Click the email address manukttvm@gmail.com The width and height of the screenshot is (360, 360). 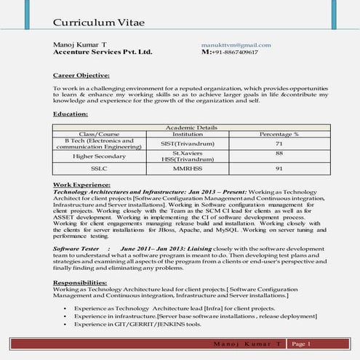(235, 45)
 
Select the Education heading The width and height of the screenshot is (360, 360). (71, 113)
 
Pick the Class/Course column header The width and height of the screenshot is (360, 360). (98, 134)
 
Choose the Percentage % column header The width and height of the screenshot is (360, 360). (279, 134)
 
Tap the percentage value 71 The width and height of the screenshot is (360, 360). (279, 144)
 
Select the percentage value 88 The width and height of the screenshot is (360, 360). (279, 153)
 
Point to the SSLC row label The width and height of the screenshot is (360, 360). (99, 168)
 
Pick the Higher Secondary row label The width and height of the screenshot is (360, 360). (98, 156)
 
